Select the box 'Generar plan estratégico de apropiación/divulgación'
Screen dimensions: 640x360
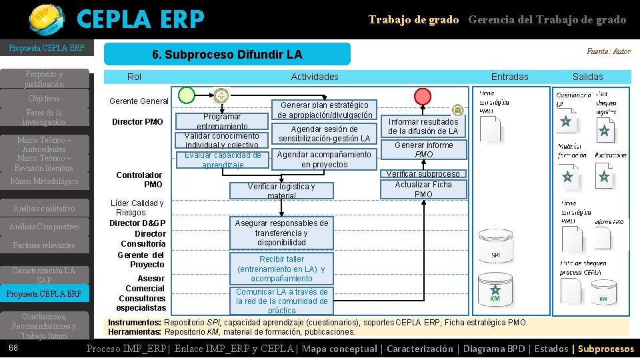click(x=325, y=110)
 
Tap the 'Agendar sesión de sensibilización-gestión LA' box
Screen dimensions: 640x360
click(x=324, y=134)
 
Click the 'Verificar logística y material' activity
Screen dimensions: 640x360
click(x=281, y=191)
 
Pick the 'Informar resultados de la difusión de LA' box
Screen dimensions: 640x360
click(x=423, y=127)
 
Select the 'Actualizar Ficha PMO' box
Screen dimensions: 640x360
click(x=423, y=189)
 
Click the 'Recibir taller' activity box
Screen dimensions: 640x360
click(x=281, y=269)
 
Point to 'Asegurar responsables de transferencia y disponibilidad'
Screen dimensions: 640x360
click(x=281, y=233)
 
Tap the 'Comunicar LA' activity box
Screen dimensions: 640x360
click(x=281, y=301)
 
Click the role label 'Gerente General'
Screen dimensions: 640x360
click(x=139, y=101)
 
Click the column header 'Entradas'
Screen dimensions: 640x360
click(x=509, y=77)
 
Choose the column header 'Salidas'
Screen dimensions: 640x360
click(x=587, y=77)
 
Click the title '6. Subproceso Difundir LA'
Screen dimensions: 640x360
click(x=227, y=54)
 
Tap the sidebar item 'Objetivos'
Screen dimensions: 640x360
click(x=44, y=99)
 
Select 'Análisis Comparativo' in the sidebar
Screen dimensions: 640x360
click(x=44, y=227)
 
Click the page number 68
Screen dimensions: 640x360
click(x=13, y=348)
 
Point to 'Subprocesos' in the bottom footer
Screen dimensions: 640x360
click(x=606, y=349)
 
